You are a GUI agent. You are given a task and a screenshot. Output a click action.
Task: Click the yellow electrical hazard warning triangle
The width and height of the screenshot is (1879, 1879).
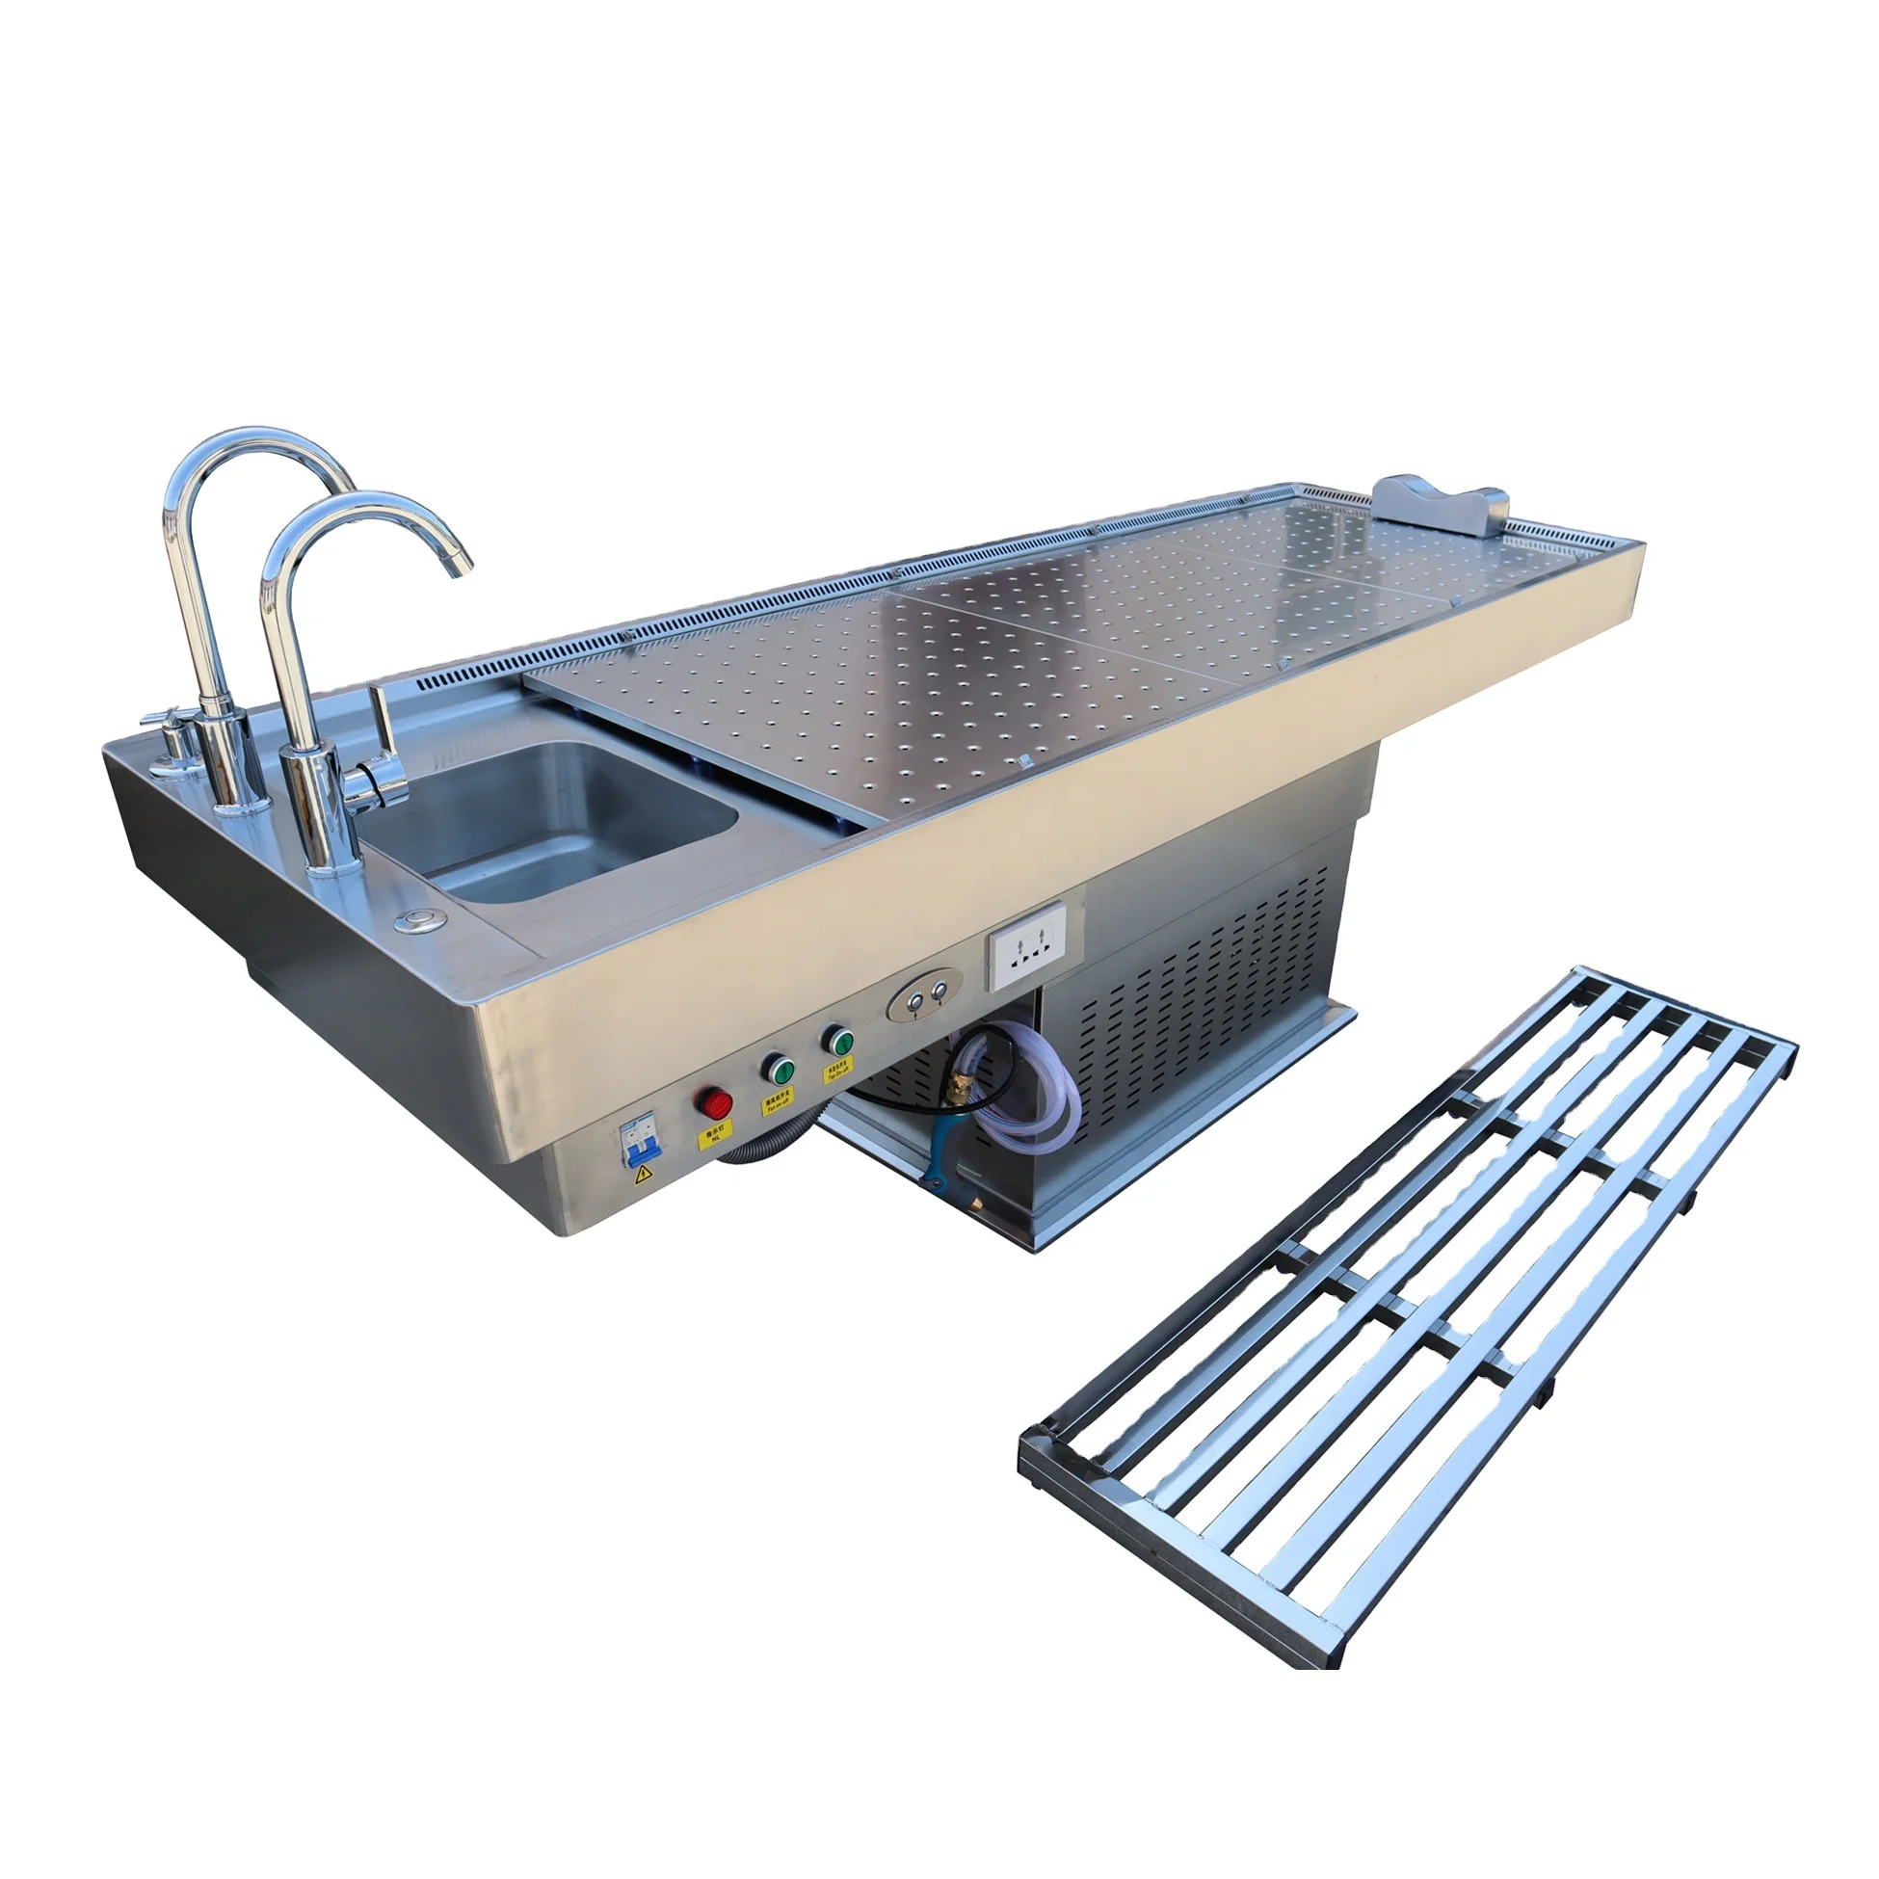(643, 1176)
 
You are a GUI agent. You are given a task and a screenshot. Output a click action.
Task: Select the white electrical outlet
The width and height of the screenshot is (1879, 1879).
(1027, 945)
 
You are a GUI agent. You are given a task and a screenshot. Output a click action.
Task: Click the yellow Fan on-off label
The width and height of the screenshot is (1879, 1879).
(777, 1098)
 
